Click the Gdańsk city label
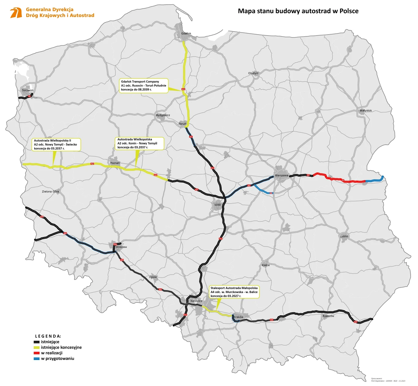tap(186, 34)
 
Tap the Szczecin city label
tap(28, 90)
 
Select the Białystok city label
tap(366, 110)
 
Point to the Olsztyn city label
tap(253, 73)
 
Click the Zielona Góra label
tap(50, 191)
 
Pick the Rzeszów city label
tap(328, 316)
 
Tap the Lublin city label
tap(344, 236)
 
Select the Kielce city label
tap(266, 265)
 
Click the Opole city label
tap(153, 277)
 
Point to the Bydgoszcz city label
tap(163, 115)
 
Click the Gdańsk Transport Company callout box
tap(144, 86)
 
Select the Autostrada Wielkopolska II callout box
tap(56, 144)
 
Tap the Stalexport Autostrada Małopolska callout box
tap(234, 292)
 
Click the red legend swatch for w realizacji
tap(36, 353)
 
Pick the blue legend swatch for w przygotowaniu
tap(36, 359)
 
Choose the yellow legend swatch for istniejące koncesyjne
tap(36, 347)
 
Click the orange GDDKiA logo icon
tap(16, 13)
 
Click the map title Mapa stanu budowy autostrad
tap(298, 11)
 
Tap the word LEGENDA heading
tap(48, 336)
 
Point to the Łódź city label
tap(217, 205)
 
